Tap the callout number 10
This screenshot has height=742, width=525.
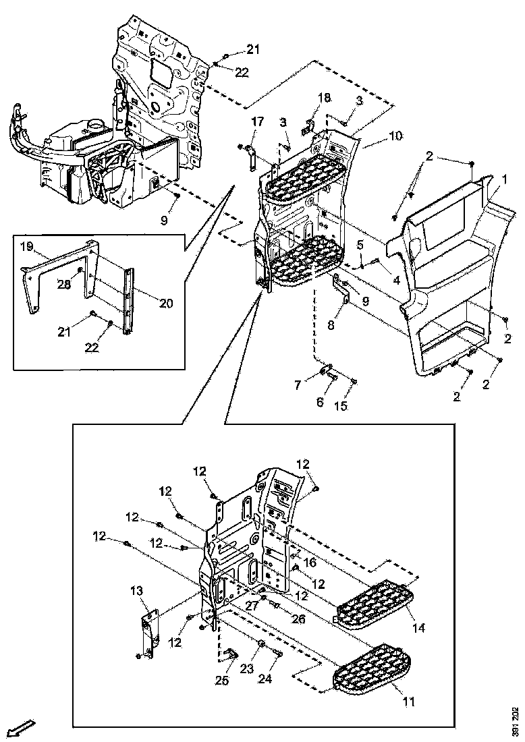pos(395,136)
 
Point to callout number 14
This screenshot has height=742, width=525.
pos(419,627)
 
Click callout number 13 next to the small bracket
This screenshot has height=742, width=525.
pos(137,592)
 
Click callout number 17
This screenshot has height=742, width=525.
pos(258,121)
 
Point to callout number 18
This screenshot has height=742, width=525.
pos(325,98)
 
